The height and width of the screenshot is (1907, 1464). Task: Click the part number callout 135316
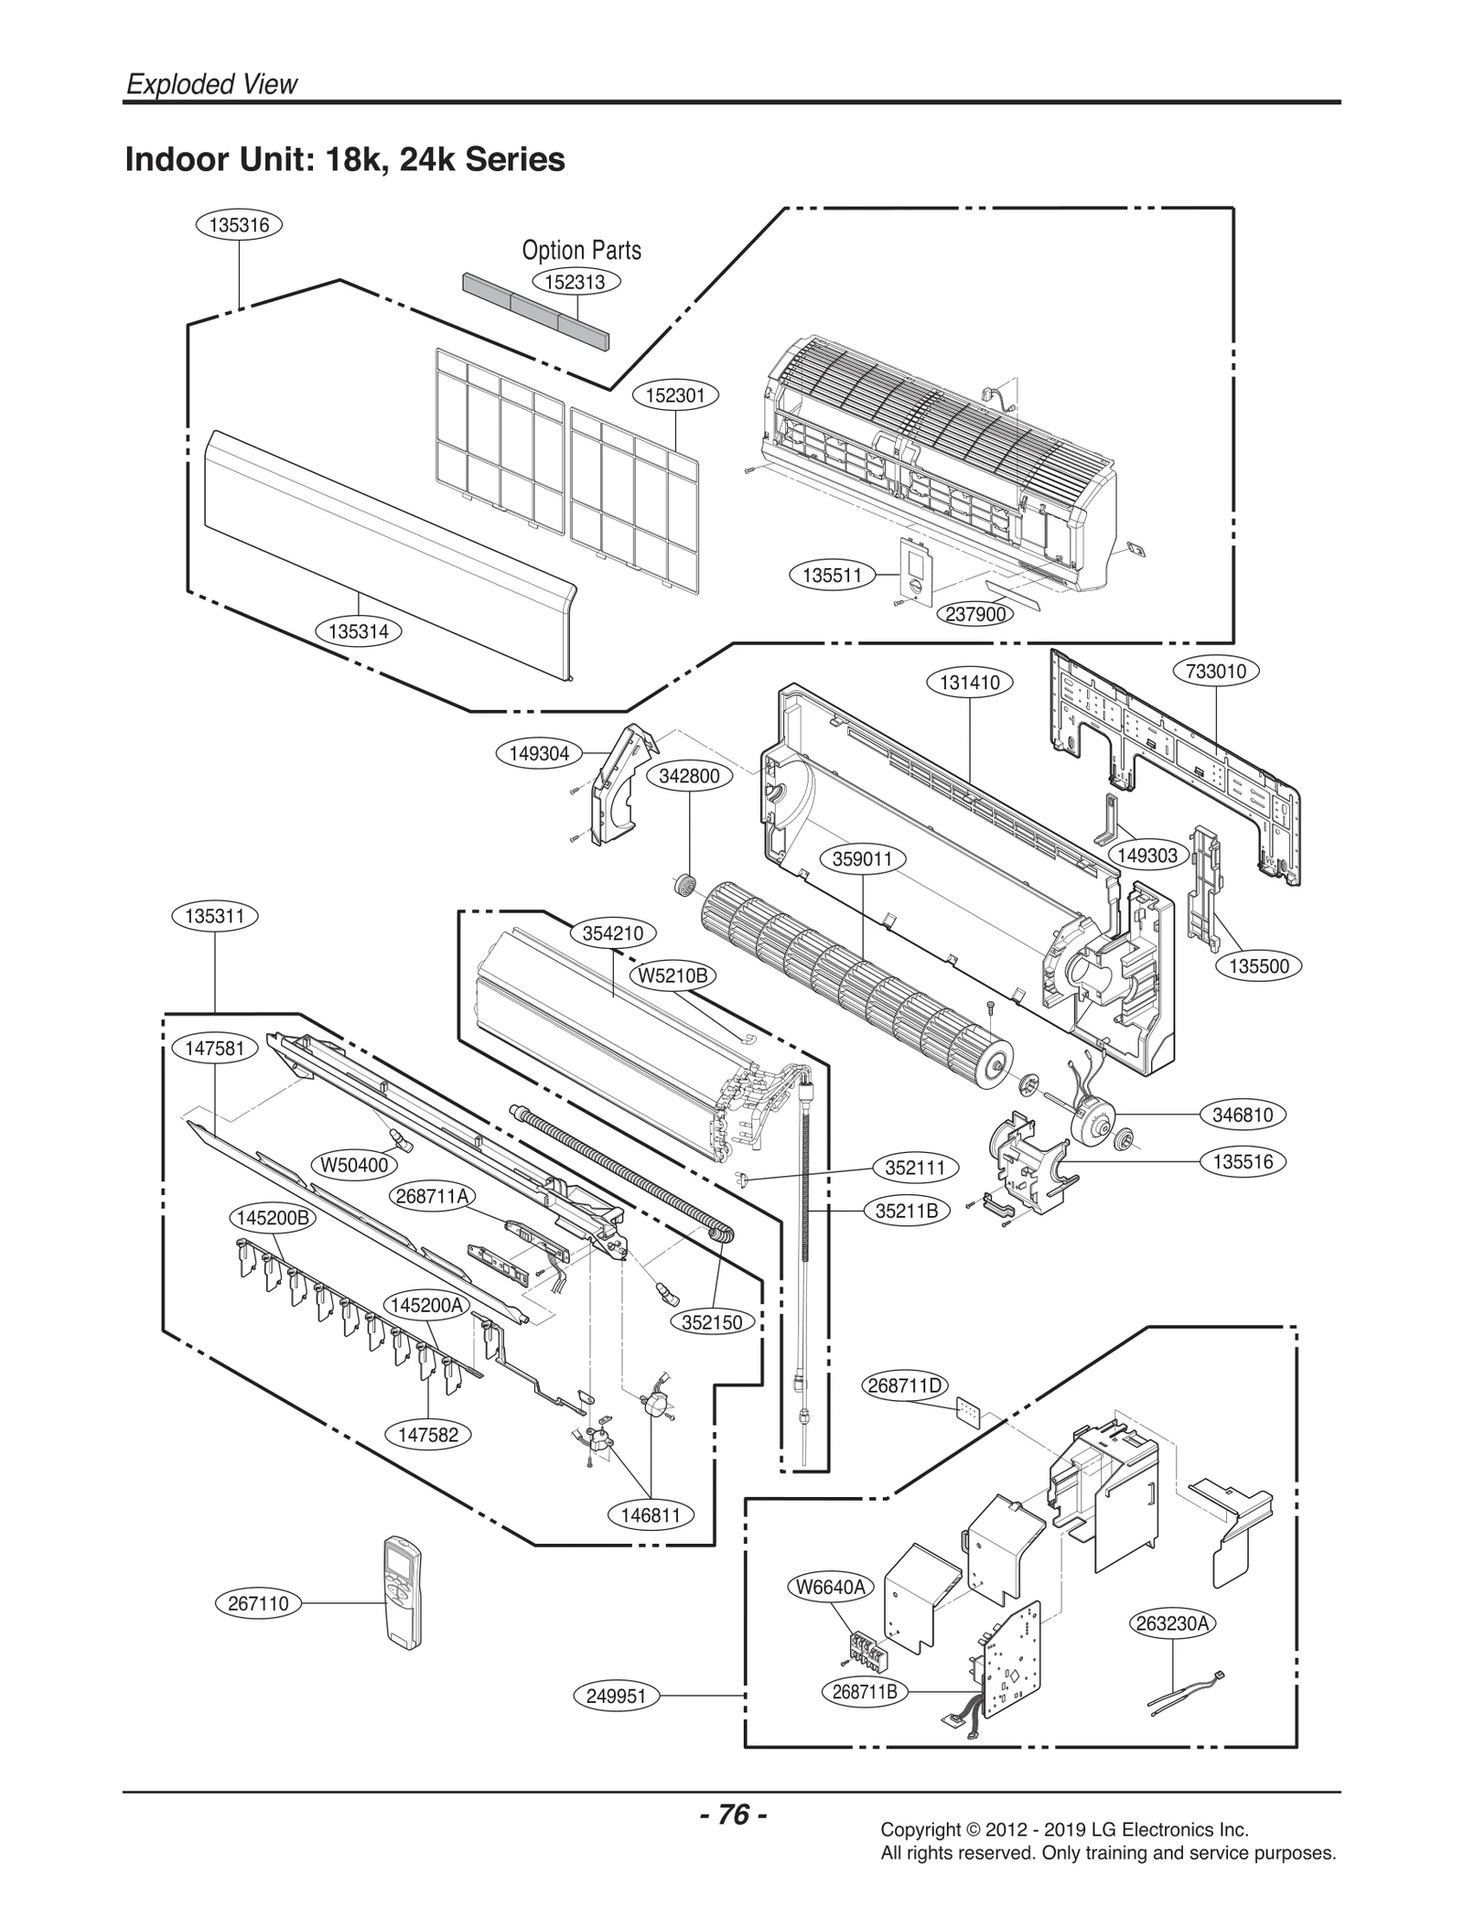(x=240, y=225)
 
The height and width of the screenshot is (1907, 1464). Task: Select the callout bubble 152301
(x=675, y=395)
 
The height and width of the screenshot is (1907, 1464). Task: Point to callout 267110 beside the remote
(x=258, y=1603)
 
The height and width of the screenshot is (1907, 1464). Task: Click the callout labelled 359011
(x=863, y=860)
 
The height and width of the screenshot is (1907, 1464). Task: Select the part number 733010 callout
(x=1216, y=671)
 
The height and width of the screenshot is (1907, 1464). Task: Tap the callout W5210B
(x=673, y=975)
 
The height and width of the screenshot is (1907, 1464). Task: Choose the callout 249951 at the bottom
(x=616, y=1696)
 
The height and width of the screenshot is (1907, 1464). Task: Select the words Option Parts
(x=581, y=250)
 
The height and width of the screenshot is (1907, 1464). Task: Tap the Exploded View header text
(x=211, y=84)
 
